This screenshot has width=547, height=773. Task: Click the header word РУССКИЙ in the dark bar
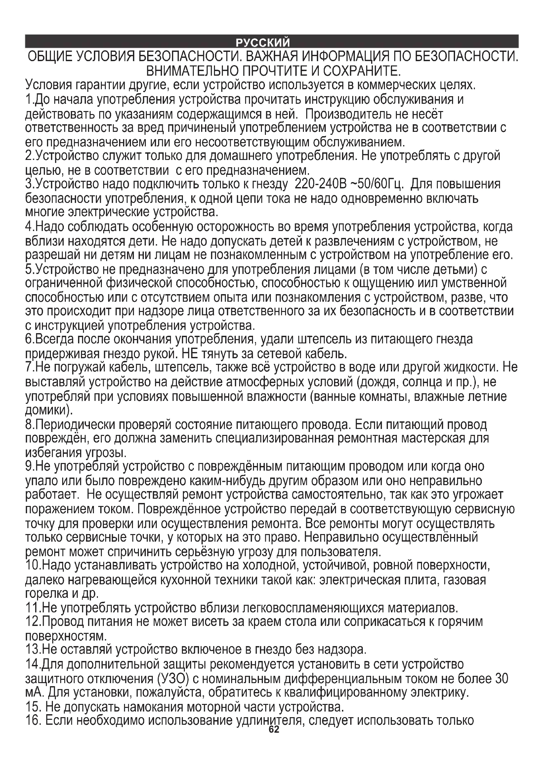click(x=262, y=43)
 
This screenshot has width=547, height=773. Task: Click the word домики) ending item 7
click(x=49, y=410)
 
